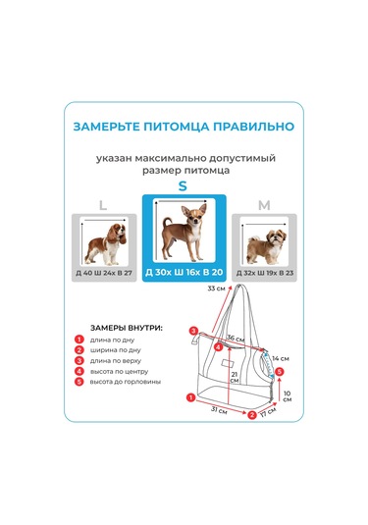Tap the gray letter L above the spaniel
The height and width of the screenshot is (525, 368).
(102, 205)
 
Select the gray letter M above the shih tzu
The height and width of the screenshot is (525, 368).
(263, 205)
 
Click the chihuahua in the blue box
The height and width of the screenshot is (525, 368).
(184, 232)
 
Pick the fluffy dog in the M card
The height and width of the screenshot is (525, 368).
(262, 244)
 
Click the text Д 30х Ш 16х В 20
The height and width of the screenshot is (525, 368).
(184, 272)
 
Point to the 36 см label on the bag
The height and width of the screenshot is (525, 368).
(236, 339)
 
